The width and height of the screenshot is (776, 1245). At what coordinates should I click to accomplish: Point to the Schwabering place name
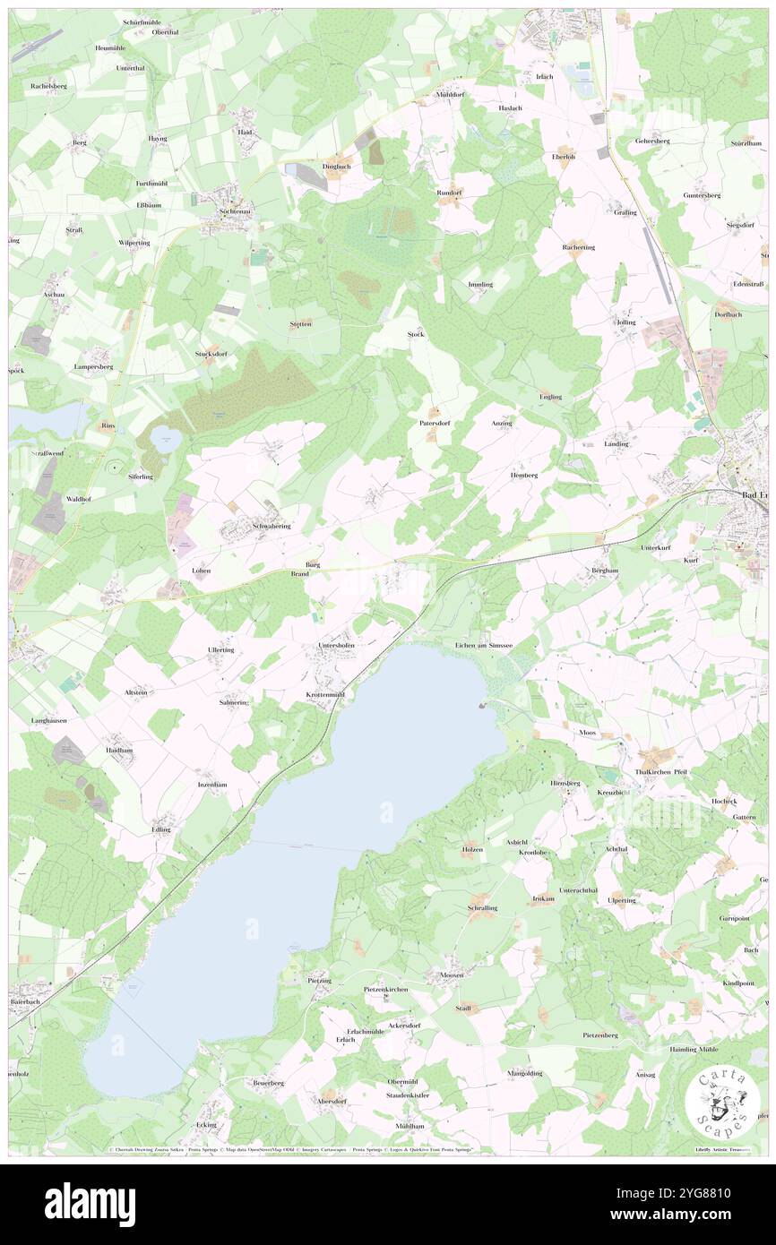272,527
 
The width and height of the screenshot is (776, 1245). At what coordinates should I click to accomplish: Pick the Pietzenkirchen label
386,989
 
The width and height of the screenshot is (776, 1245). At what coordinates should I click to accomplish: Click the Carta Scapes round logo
721,1102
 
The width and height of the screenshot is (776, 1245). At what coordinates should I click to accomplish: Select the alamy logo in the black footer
90,1204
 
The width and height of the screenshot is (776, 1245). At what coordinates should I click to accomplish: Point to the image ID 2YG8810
699,1194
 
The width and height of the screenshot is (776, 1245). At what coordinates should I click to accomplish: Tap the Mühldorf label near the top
450,94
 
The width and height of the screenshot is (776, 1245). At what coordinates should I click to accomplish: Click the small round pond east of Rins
164,438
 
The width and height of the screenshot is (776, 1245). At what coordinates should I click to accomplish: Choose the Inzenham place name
212,785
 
